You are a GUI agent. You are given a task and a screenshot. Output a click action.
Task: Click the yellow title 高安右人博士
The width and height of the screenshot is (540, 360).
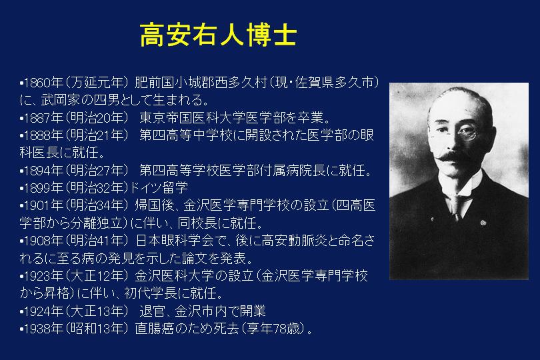(219, 35)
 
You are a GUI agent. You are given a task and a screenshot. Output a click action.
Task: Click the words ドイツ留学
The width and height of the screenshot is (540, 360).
(159, 188)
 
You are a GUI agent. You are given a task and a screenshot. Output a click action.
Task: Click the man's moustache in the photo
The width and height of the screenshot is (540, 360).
(455, 157)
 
